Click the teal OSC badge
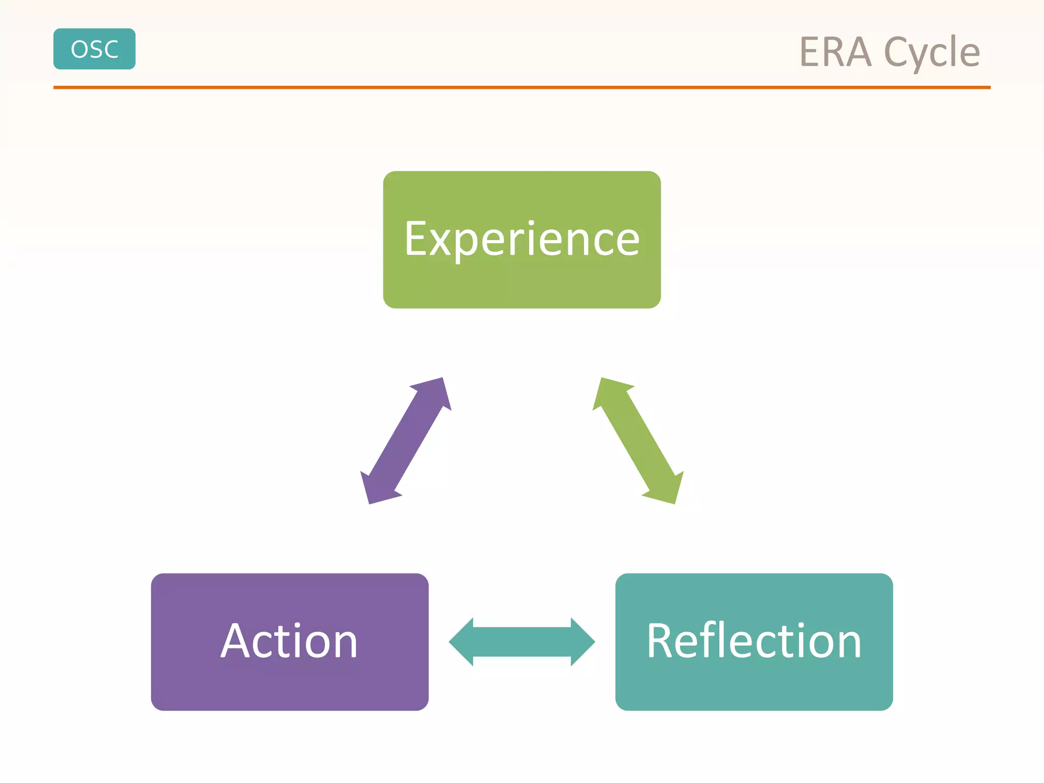pyautogui.click(x=94, y=49)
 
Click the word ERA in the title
pyautogui.click(x=835, y=53)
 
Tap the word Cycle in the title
pyautogui.click(x=932, y=53)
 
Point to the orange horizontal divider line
pyautogui.click(x=521, y=88)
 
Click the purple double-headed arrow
pyautogui.click(x=406, y=441)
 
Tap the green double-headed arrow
pyautogui.click(x=638, y=441)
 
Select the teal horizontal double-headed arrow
pyautogui.click(x=521, y=642)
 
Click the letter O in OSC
pyautogui.click(x=79, y=49)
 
